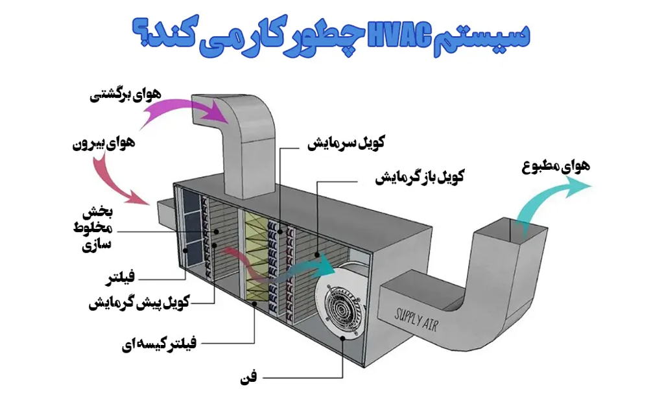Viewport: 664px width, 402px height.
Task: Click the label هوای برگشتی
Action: [x=120, y=96]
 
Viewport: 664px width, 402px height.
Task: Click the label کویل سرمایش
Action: [x=346, y=143]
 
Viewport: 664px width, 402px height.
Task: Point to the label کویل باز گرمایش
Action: [x=419, y=177]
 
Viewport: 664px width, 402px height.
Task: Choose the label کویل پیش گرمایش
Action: [x=139, y=303]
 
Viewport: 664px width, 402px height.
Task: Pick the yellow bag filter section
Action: [x=255, y=259]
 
